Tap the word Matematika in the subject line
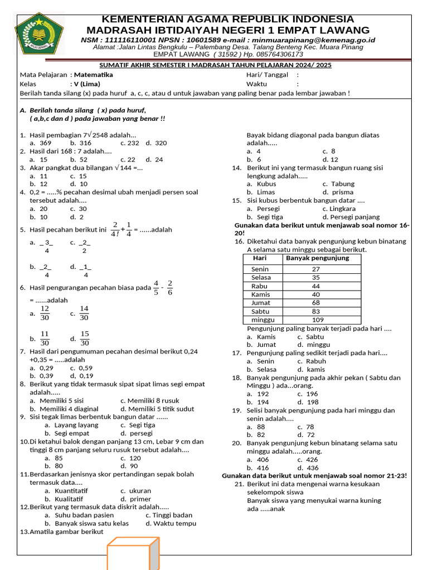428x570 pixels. (x=93, y=75)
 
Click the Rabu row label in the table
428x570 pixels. (x=260, y=286)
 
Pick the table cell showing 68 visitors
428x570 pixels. (x=316, y=302)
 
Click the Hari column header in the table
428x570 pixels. (x=260, y=258)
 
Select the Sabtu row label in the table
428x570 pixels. (x=260, y=311)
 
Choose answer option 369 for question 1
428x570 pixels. (x=45, y=143)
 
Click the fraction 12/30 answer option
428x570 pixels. (x=45, y=313)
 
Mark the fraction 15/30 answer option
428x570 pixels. (x=85, y=338)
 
